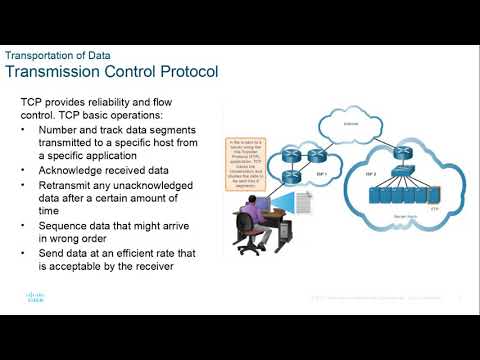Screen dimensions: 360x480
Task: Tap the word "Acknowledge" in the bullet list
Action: pos(71,171)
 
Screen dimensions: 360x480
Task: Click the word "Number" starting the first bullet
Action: pos(59,130)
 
